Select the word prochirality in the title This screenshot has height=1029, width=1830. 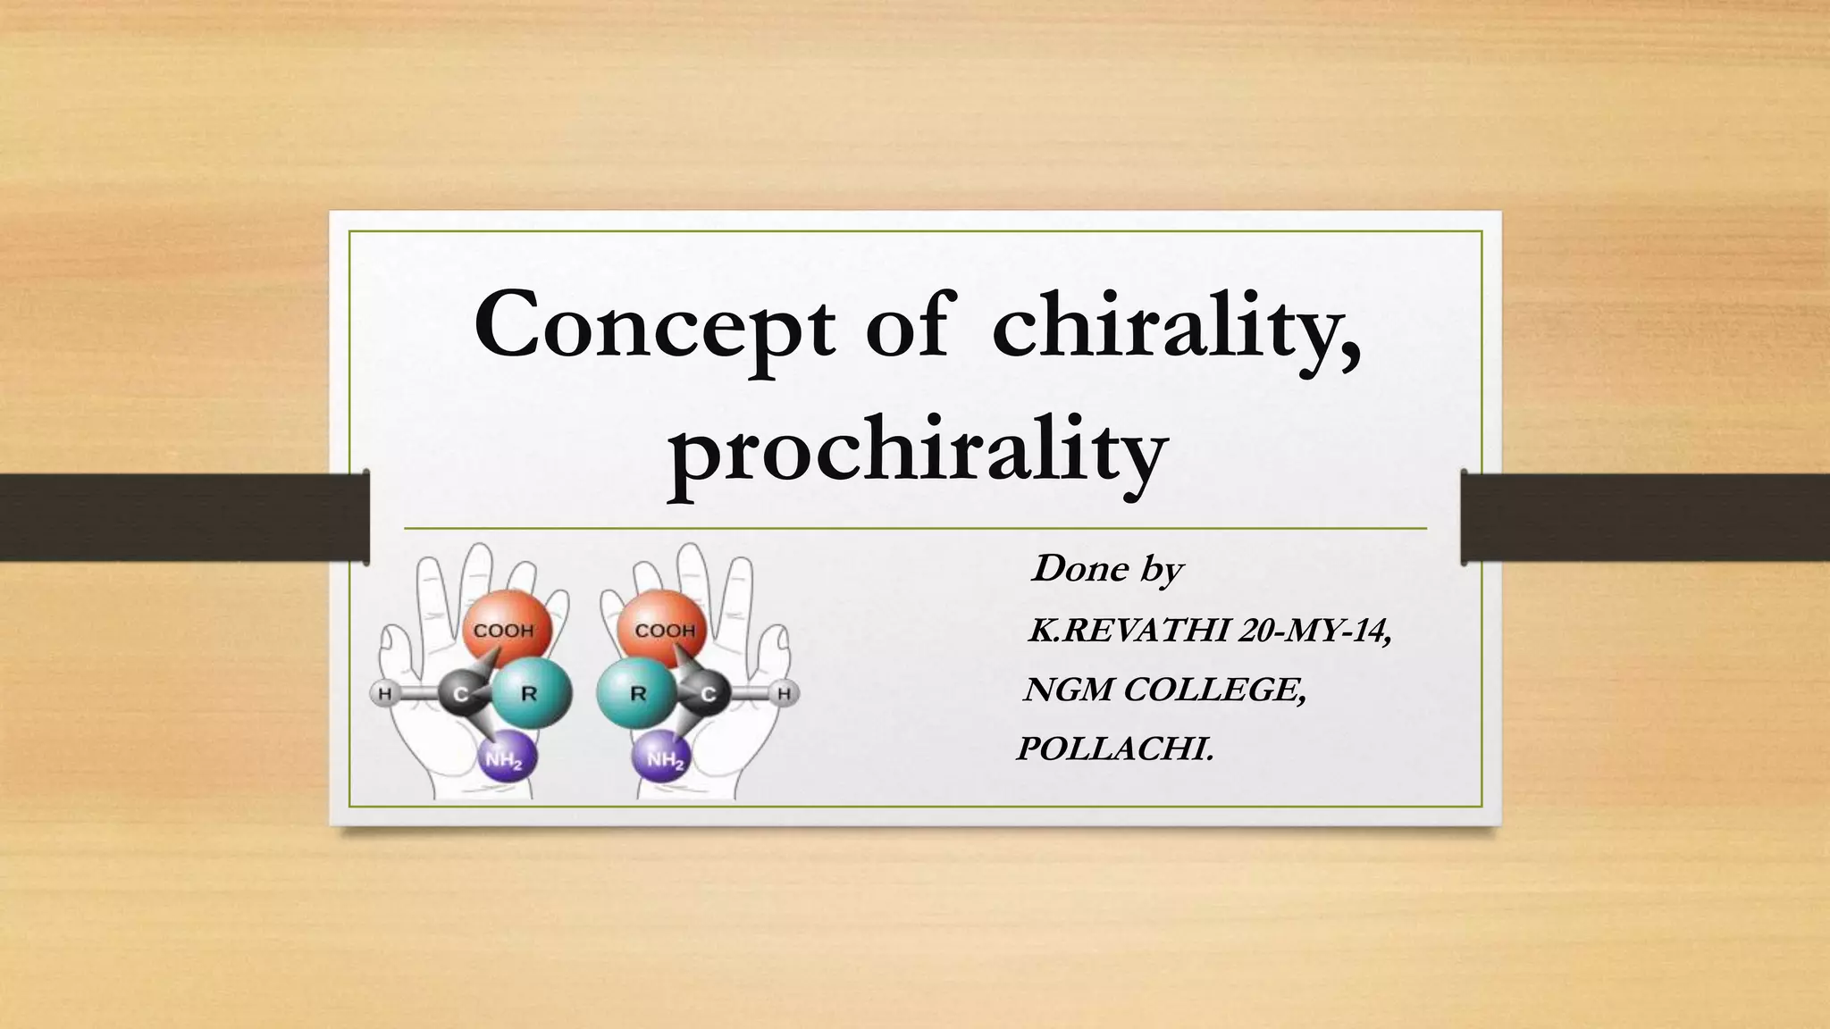917,451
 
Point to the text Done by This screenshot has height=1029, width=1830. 1106,569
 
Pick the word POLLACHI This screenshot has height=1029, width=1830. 1115,749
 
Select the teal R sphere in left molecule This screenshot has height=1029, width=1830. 531,693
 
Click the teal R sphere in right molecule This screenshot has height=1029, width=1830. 636,693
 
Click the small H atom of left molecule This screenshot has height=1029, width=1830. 384,693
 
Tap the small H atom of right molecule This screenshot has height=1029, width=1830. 785,693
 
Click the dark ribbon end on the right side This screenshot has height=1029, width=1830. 1644,516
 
